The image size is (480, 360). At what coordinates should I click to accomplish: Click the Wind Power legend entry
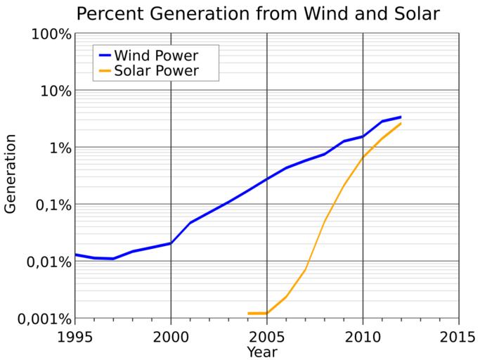pos(156,55)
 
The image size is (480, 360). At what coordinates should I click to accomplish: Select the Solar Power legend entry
pos(156,71)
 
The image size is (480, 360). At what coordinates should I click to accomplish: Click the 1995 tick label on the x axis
pos(75,336)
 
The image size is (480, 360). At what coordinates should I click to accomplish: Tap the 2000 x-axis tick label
pos(171,336)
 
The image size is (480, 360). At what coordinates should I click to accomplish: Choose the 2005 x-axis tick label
pos(267,336)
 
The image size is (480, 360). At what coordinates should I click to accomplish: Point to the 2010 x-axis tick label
pos(363,336)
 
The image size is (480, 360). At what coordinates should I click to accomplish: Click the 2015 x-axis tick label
pos(458,336)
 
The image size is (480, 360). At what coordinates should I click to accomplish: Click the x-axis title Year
pos(266,351)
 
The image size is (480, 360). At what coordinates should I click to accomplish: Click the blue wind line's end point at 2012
pos(401,117)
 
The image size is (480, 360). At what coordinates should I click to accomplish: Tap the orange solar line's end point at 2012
pos(401,124)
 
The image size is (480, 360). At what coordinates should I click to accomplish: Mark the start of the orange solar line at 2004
pos(248,314)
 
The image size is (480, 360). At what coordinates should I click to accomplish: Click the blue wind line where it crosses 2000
pos(171,243)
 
